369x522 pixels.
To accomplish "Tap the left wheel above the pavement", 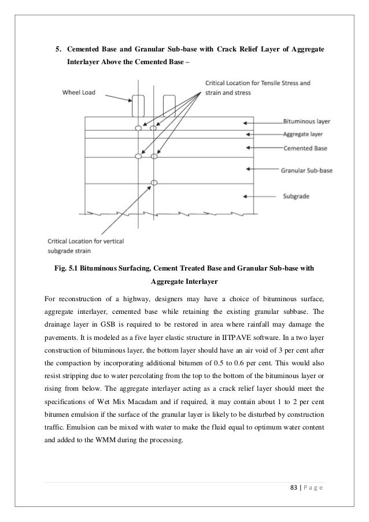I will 138,106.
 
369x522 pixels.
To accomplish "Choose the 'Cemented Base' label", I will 305,149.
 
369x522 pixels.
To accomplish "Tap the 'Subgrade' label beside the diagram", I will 297,197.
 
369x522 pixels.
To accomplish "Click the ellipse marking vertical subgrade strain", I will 154,183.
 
